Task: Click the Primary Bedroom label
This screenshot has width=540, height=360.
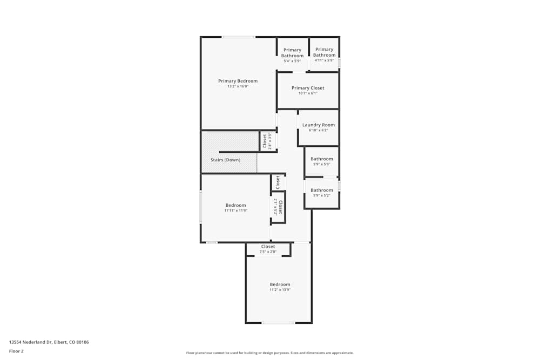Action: [x=238, y=81]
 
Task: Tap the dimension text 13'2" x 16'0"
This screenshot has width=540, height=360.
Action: [x=238, y=86]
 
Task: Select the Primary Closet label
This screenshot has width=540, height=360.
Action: [x=308, y=88]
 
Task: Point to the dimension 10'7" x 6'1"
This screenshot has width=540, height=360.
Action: [x=308, y=93]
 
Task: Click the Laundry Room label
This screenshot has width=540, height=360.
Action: [x=318, y=125]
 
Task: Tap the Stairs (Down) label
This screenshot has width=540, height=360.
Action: [x=225, y=160]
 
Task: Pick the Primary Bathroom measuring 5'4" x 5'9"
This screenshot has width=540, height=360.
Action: [x=292, y=53]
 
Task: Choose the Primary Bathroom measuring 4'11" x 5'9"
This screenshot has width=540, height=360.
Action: [x=324, y=52]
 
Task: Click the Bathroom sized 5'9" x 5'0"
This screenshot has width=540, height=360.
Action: [x=322, y=159]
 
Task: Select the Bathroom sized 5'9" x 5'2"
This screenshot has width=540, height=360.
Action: [x=322, y=190]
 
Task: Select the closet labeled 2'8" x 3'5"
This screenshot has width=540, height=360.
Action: [x=265, y=141]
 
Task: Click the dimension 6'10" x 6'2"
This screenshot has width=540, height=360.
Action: [x=318, y=130]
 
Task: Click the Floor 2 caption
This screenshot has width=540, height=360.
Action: [x=16, y=351]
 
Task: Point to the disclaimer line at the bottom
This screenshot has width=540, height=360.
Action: [x=269, y=352]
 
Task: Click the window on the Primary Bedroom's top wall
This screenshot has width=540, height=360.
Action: [x=238, y=37]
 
